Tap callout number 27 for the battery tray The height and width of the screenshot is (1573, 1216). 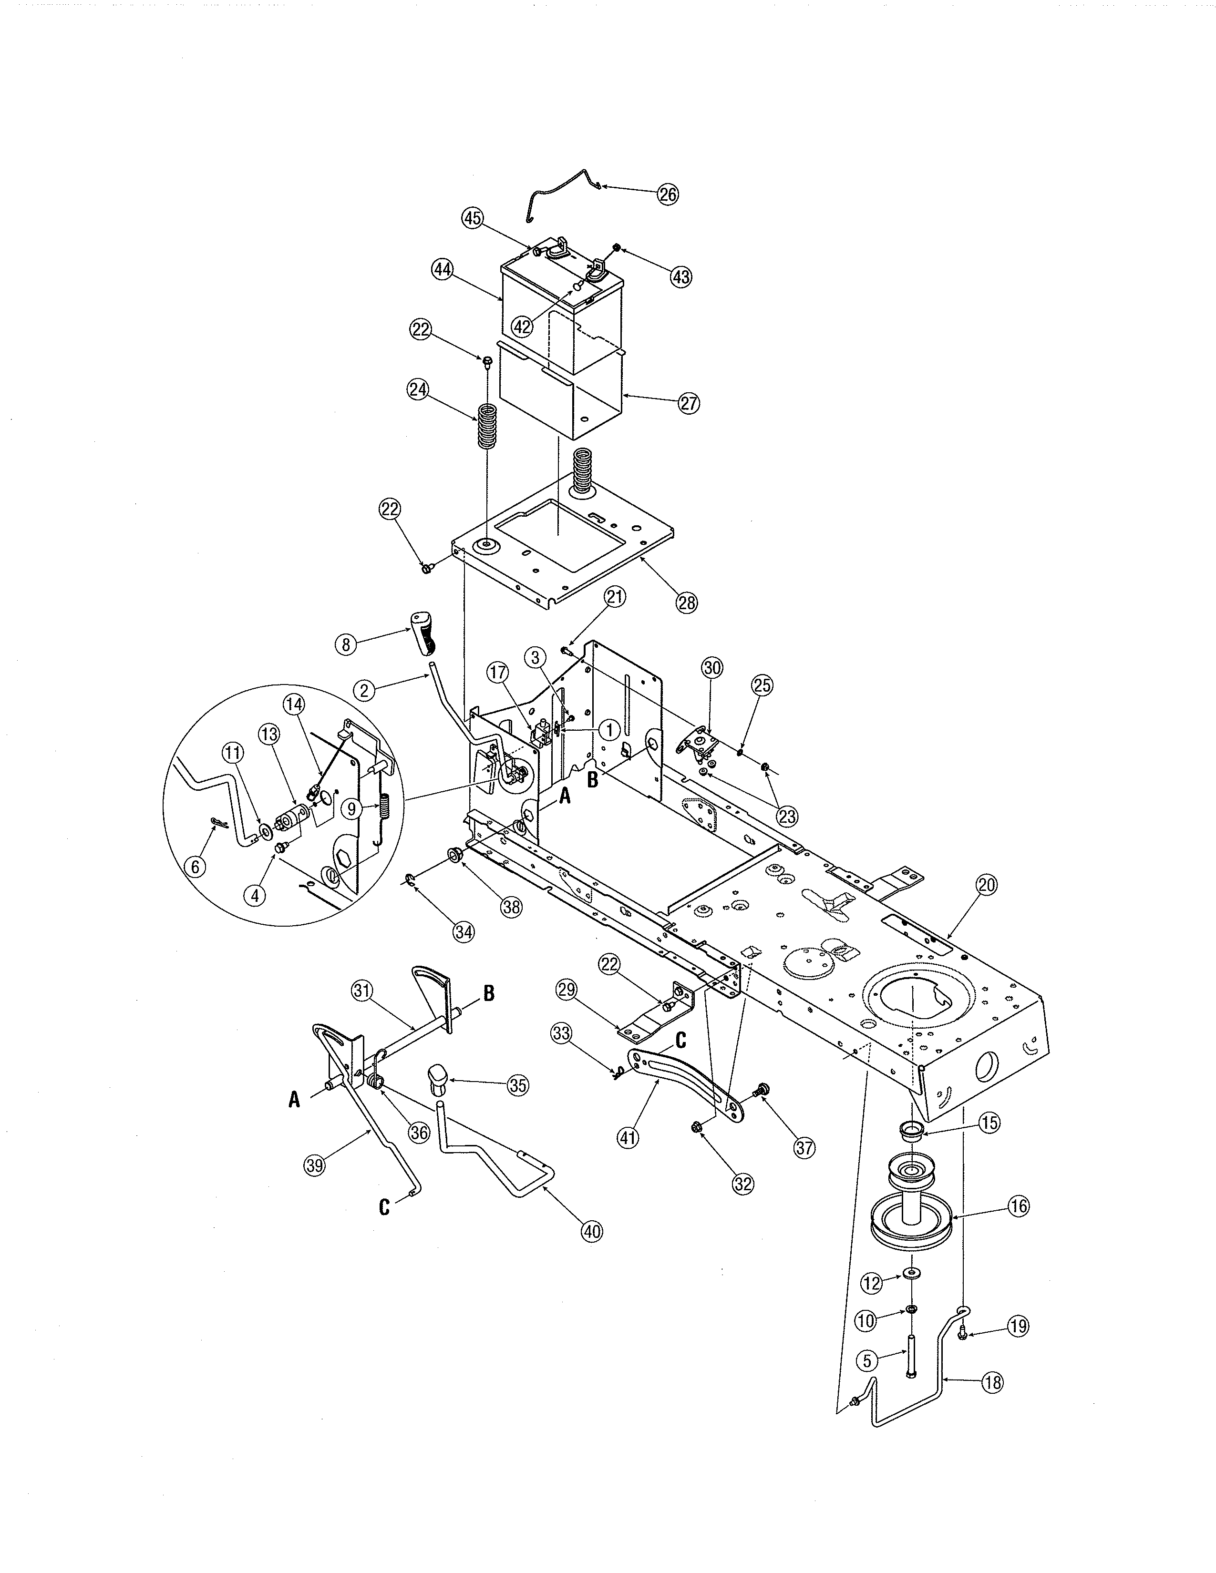click(x=689, y=403)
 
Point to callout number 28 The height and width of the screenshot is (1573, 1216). click(x=687, y=602)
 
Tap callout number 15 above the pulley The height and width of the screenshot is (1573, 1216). click(x=990, y=1122)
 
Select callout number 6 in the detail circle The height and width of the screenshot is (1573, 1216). click(x=195, y=867)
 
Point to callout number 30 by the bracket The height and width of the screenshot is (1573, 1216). click(x=712, y=668)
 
